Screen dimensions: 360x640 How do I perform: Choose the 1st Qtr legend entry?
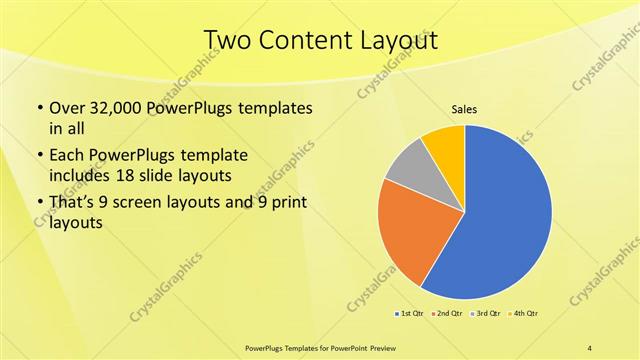pyautogui.click(x=409, y=314)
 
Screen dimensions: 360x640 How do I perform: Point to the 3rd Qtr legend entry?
pyautogui.click(x=487, y=314)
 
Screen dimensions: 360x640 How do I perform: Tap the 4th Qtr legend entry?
pyautogui.click(x=525, y=314)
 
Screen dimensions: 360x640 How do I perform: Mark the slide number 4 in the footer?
pyautogui.click(x=590, y=347)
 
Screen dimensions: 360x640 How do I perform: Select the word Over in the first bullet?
pyautogui.click(x=66, y=107)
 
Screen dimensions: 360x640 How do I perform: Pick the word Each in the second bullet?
pyautogui.click(x=67, y=155)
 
